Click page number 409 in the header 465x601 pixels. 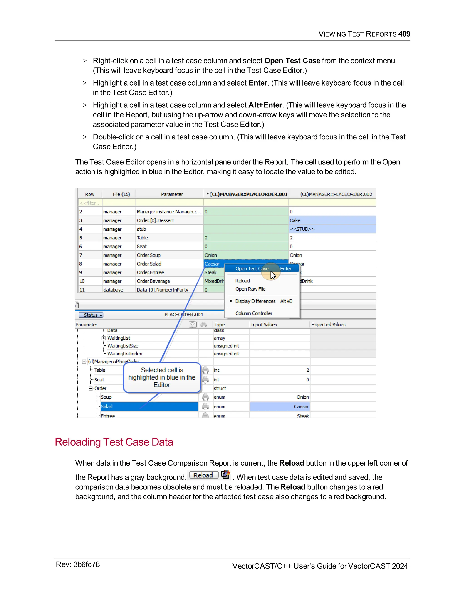[404, 34]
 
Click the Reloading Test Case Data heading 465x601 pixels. [114, 442]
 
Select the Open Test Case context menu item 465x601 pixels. [252, 269]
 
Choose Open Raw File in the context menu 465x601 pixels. [250, 289]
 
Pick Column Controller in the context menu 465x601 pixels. [253, 313]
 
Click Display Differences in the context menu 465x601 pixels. [255, 301]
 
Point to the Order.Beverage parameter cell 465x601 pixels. [153, 281]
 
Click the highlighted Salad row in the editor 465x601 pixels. [149, 406]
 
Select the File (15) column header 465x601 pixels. [121, 194]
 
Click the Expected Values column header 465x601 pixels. [328, 325]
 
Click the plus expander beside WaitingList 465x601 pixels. [103, 338]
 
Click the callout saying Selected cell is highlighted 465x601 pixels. [162, 377]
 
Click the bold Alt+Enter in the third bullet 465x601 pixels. [265, 105]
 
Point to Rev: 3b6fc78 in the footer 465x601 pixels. [78, 564]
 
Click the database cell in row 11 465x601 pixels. [113, 290]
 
